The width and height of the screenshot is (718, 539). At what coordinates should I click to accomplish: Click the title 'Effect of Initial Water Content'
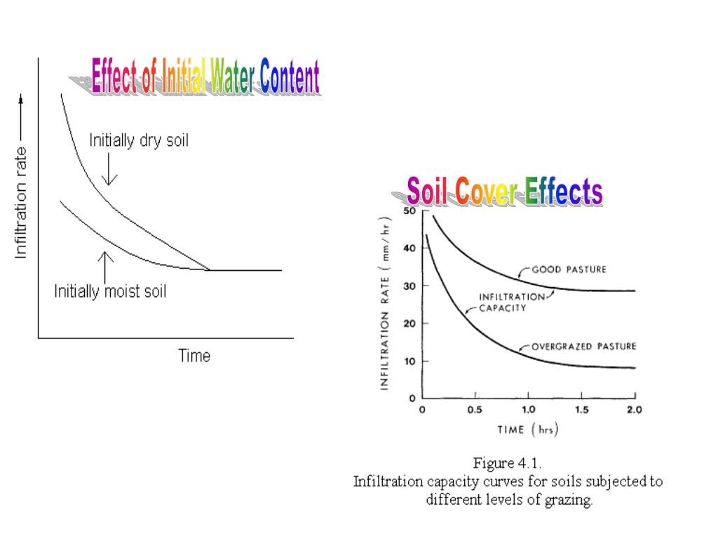click(x=205, y=77)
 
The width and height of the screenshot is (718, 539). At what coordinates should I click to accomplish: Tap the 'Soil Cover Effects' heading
click(x=504, y=192)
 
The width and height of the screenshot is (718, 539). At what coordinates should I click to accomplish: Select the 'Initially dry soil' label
click(x=139, y=140)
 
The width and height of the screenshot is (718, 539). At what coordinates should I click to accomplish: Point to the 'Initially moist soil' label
click(x=111, y=291)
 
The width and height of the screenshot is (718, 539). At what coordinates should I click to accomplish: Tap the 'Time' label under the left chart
click(x=194, y=356)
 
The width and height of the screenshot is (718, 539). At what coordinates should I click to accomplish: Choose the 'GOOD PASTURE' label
click(x=569, y=269)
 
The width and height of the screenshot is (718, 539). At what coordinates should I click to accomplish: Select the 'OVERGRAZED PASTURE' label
click(x=583, y=347)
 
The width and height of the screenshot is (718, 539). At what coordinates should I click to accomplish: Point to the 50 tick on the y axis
click(x=409, y=211)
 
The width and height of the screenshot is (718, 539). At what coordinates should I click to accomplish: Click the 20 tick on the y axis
click(x=409, y=324)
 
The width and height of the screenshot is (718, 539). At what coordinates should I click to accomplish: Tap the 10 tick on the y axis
click(x=409, y=361)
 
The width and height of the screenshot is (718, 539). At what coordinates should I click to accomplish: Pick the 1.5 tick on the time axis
click(x=581, y=410)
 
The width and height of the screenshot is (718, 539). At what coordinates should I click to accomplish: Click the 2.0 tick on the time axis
click(x=634, y=410)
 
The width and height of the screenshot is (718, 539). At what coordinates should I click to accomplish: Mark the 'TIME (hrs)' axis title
click(x=528, y=429)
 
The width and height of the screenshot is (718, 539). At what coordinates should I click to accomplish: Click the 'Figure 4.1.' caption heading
click(x=507, y=463)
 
